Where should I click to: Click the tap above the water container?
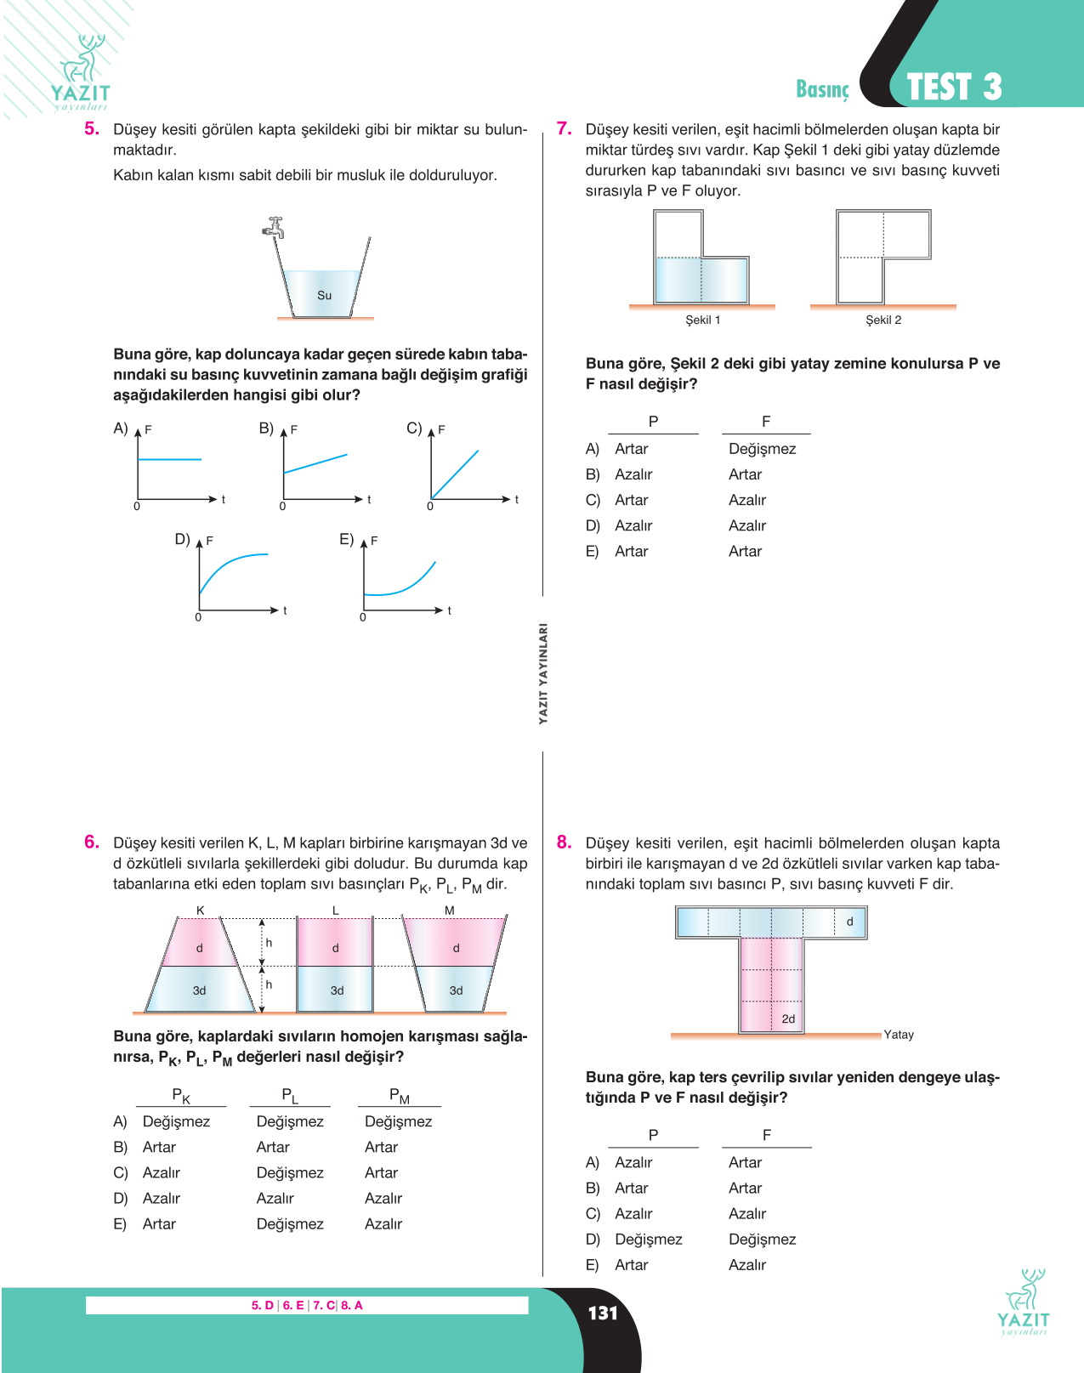(274, 227)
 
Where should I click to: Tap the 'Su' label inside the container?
(324, 295)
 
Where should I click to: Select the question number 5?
(92, 128)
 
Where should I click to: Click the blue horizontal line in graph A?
(170, 459)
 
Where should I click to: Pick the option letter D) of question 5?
(183, 539)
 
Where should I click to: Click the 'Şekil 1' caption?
(702, 320)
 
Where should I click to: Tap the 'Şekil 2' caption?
(883, 320)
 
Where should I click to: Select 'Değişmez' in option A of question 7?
(763, 449)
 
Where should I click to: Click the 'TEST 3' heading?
(954, 87)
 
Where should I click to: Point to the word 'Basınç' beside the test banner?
(822, 89)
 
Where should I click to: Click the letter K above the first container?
(201, 911)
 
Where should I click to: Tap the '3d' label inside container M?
(457, 990)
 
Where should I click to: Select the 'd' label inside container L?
(336, 948)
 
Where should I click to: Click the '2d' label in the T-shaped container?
(789, 1018)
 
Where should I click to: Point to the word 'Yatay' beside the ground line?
(899, 1035)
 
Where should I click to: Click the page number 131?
(603, 1313)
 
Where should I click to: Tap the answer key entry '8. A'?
(351, 1305)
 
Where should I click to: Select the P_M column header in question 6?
(400, 1096)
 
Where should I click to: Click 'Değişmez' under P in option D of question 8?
(648, 1239)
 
